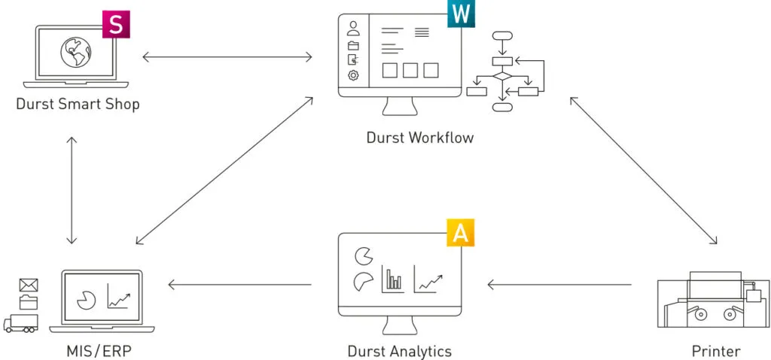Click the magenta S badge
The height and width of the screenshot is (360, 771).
click(x=115, y=24)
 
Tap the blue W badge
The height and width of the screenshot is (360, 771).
click(x=460, y=14)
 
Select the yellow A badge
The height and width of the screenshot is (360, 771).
click(x=461, y=233)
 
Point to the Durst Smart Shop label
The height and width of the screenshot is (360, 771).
click(x=78, y=104)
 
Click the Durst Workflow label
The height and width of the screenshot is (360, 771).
click(x=420, y=137)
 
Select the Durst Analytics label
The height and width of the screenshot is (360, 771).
click(x=399, y=351)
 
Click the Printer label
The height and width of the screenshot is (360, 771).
click(x=715, y=351)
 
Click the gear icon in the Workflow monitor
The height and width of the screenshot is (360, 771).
click(x=353, y=75)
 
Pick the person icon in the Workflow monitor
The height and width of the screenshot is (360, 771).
click(x=353, y=29)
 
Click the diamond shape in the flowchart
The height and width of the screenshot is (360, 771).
click(x=502, y=76)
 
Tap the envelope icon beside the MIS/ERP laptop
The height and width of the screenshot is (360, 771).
click(x=29, y=285)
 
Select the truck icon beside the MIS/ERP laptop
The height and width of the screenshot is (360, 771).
click(x=20, y=324)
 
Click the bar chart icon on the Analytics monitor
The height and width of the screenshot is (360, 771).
click(x=393, y=279)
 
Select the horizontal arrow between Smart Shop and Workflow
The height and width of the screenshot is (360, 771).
click(x=227, y=56)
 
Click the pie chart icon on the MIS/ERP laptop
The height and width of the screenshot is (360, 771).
click(x=86, y=298)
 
